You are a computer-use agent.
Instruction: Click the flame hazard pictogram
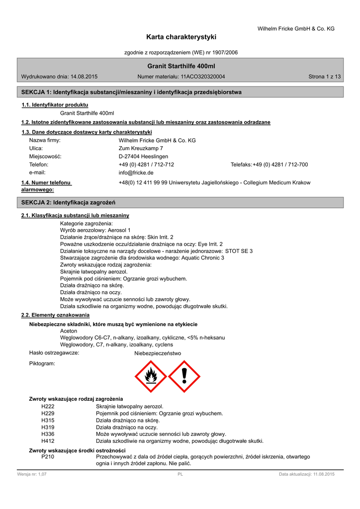(x=151, y=376)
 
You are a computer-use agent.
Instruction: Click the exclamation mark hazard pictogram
(x=184, y=376)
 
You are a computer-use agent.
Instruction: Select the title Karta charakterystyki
(x=181, y=37)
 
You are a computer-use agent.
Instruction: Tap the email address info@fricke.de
(x=136, y=172)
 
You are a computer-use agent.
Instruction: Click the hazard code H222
(x=48, y=406)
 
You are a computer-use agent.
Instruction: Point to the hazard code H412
(x=48, y=441)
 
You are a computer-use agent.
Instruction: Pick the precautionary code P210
(x=48, y=456)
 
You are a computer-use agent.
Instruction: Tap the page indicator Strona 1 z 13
(x=325, y=77)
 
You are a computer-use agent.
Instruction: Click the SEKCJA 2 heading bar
(x=180, y=202)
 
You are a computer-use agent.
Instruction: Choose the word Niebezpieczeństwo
(x=158, y=353)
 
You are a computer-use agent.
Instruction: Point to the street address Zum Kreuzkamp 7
(x=141, y=148)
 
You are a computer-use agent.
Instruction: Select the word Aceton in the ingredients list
(x=69, y=331)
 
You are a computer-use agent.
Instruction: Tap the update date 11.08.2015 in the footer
(x=324, y=474)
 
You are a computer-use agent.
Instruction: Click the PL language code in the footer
(x=180, y=474)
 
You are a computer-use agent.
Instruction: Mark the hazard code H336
(x=48, y=434)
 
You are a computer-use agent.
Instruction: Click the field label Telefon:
(x=39, y=165)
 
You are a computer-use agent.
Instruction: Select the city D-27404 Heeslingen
(x=143, y=157)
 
